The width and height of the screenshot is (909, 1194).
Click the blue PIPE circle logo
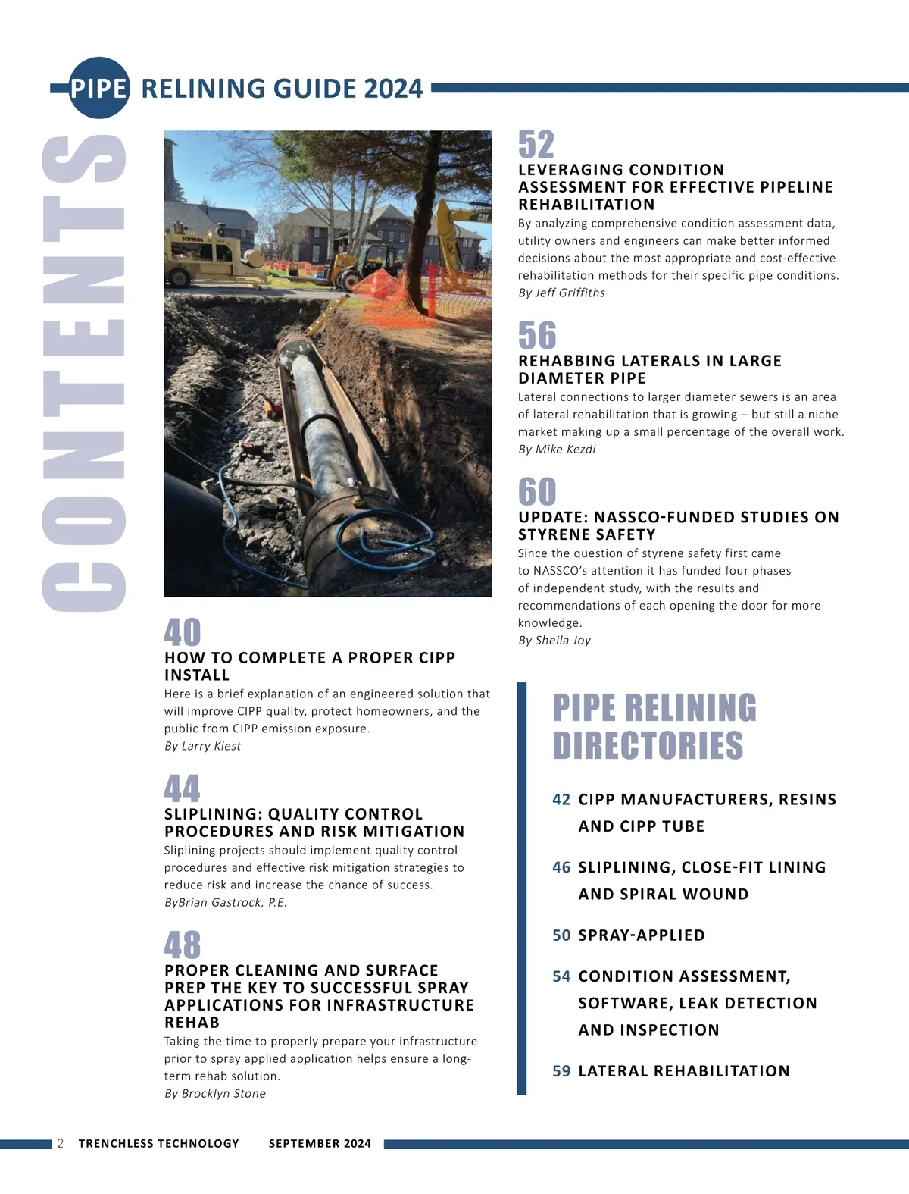pyautogui.click(x=98, y=88)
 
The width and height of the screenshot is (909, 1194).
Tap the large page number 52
pyautogui.click(x=536, y=145)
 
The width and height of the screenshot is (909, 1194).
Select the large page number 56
pyautogui.click(x=537, y=336)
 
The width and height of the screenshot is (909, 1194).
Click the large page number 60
pyautogui.click(x=537, y=492)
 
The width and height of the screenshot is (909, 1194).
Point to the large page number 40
pyautogui.click(x=183, y=632)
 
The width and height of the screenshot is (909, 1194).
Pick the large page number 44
pyautogui.click(x=183, y=789)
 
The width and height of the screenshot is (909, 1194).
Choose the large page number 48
pyautogui.click(x=183, y=945)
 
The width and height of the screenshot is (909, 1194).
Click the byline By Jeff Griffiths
pyautogui.click(x=561, y=293)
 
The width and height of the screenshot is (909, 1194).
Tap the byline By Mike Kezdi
pyautogui.click(x=557, y=449)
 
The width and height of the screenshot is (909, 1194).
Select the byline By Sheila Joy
pyautogui.click(x=554, y=640)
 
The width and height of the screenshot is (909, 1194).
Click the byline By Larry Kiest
pyautogui.click(x=202, y=746)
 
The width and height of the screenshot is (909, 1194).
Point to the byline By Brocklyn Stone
pyautogui.click(x=215, y=1093)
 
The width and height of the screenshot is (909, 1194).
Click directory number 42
pyautogui.click(x=561, y=799)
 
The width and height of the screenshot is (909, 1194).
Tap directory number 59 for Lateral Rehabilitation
pyautogui.click(x=561, y=1070)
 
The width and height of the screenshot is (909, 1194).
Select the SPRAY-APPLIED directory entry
pyautogui.click(x=641, y=935)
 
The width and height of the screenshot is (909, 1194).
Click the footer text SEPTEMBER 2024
pyautogui.click(x=320, y=1143)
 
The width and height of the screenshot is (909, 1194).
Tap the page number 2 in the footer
pyautogui.click(x=61, y=1143)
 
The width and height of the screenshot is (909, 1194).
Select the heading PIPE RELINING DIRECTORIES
pyautogui.click(x=654, y=726)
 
